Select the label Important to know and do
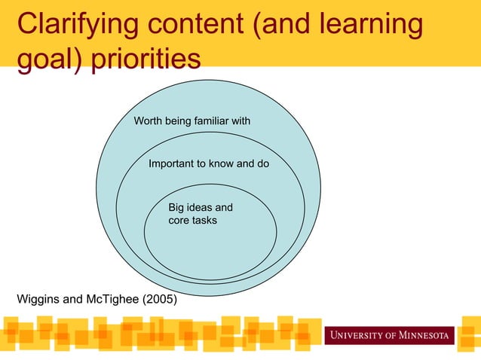(209, 163)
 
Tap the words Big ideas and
(200, 207)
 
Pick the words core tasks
(192, 221)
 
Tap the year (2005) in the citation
(161, 300)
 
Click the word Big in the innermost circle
(176, 207)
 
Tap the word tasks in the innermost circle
(204, 221)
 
